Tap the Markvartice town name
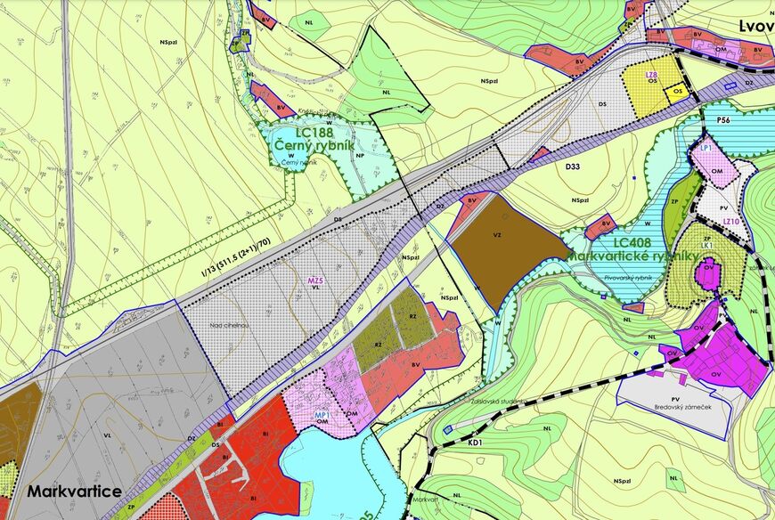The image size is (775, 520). pyautogui.click(x=74, y=492)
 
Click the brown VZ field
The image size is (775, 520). pyautogui.click(x=498, y=250)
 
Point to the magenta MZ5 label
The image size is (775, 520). pyautogui.click(x=314, y=281)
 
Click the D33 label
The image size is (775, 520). pyautogui.click(x=572, y=167)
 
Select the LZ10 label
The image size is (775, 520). pyautogui.click(x=731, y=221)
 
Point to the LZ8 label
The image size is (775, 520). pyautogui.click(x=652, y=74)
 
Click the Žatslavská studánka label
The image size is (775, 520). pyautogui.click(x=495, y=402)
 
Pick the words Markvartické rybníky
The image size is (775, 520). pyautogui.click(x=632, y=256)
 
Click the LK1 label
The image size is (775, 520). pyautogui.click(x=706, y=245)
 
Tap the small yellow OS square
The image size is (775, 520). pyautogui.click(x=678, y=91)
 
